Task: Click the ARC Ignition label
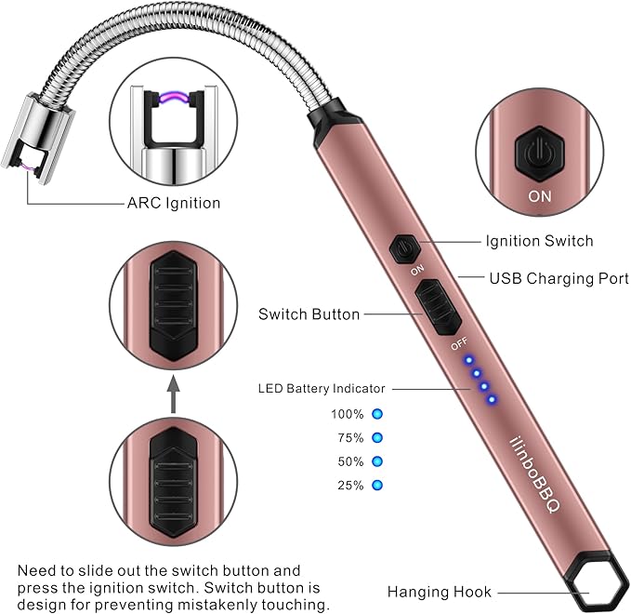tap(173, 202)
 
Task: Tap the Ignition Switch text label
tap(539, 241)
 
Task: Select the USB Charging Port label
tap(559, 278)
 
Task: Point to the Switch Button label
tap(309, 314)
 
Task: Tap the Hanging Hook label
tap(440, 592)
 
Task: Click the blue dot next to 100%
tap(377, 413)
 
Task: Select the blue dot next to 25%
tap(377, 485)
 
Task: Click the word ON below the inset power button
tap(539, 197)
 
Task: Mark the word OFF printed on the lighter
tap(458, 345)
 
